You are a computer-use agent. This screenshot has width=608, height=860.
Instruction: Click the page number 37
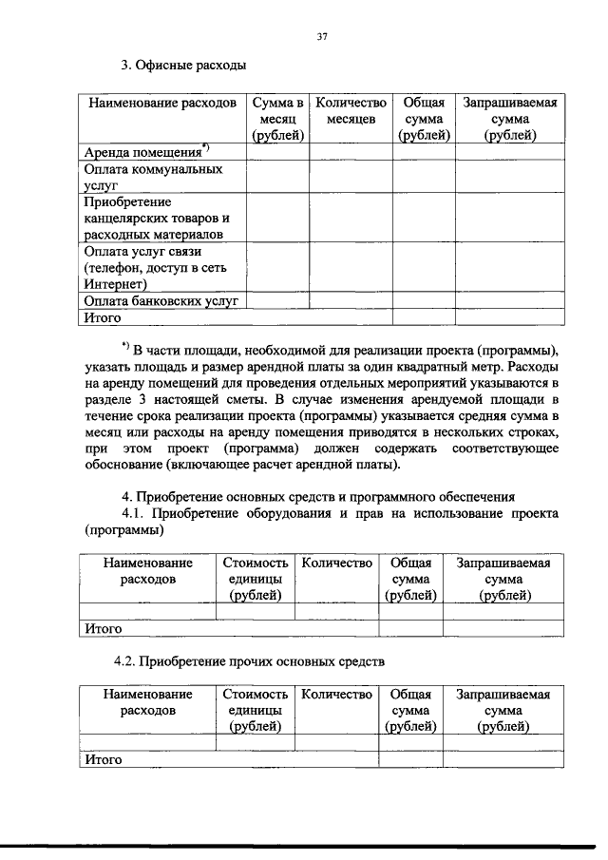point(321,37)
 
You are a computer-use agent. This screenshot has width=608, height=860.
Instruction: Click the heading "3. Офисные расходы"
point(182,67)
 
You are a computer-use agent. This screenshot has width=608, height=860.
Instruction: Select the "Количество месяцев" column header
point(351,110)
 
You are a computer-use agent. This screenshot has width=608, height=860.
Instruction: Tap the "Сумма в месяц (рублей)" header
point(277,119)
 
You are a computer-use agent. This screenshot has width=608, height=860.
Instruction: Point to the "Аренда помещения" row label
point(143,152)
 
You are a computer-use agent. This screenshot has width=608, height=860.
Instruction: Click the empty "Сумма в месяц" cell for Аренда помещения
point(277,152)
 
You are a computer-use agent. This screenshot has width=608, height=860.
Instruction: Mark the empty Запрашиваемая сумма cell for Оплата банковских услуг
point(509,301)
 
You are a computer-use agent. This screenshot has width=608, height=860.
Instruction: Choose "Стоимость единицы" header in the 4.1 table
point(255,579)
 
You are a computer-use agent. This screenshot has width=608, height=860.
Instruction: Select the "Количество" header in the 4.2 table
point(336,695)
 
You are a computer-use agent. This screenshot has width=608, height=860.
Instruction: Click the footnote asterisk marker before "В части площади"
point(125,343)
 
